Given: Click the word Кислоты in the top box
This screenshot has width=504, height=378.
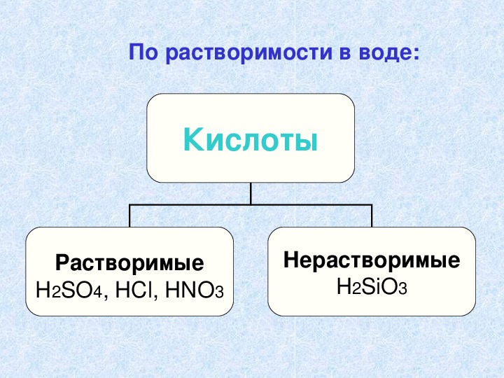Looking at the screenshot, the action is coord(251,140).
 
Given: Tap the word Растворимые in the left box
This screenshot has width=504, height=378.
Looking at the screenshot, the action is coord(129,263).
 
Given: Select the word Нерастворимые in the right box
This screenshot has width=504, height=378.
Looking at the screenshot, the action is coord(372,260).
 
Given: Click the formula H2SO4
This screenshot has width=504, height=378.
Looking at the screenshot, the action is coord(69,290).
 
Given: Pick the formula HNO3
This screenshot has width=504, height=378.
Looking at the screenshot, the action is coord(194,290).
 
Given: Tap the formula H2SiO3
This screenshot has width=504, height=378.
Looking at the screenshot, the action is coord(372,286).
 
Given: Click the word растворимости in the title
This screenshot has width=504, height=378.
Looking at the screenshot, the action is coord(248,52).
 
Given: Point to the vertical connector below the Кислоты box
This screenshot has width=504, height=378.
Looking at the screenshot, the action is coord(251,193).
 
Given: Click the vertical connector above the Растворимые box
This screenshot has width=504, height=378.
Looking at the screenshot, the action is coord(129,216).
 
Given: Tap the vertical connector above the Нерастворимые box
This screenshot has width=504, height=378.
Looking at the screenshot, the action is coord(372,216).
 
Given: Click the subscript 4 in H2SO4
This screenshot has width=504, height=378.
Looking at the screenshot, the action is coord(98,293).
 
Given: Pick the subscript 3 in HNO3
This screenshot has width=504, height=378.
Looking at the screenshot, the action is coord(219,293).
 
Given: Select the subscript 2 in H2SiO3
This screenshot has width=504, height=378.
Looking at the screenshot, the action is coord(356,289).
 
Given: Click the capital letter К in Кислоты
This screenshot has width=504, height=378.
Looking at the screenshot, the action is coord(193,139).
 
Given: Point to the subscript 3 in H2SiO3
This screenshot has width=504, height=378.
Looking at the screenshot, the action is coord(402,289).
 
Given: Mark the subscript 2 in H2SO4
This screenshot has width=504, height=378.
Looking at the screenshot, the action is coord(56,293).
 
